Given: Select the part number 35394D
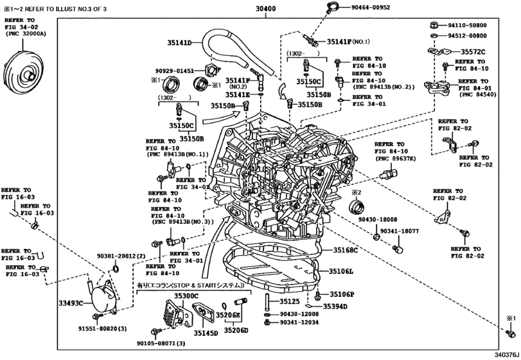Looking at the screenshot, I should [335, 307].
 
